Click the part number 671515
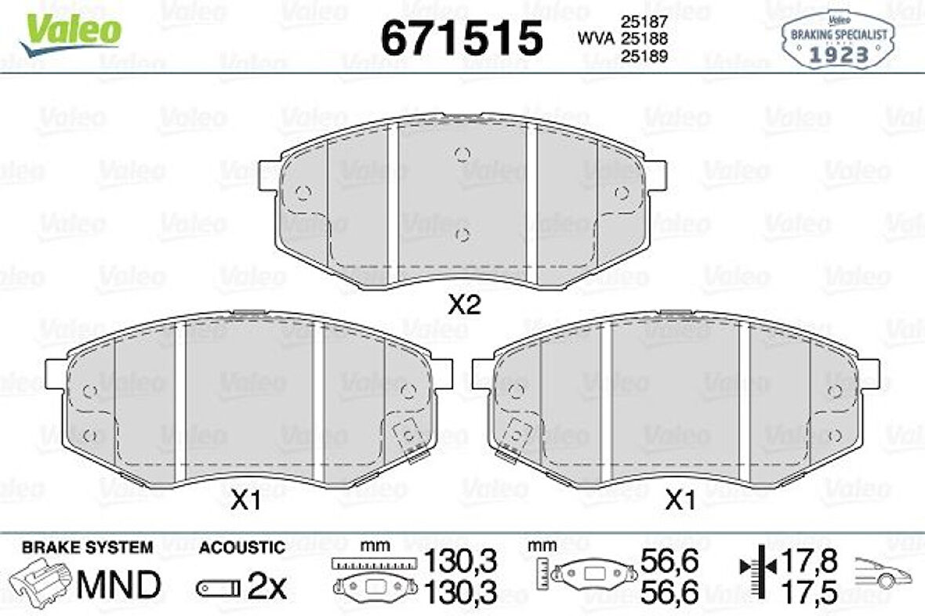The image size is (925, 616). click(x=461, y=37)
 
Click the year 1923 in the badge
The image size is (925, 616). click(x=838, y=54)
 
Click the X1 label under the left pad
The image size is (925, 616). click(x=245, y=502)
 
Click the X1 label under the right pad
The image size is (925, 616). click(x=680, y=502)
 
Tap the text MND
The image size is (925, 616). click(x=118, y=584)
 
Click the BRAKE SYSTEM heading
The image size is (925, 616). click(x=87, y=547)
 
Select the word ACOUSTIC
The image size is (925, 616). click(x=241, y=547)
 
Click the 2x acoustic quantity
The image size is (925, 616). click(x=267, y=586)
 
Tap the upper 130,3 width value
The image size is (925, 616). click(x=461, y=561)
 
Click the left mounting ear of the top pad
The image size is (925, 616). click(x=269, y=174)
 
